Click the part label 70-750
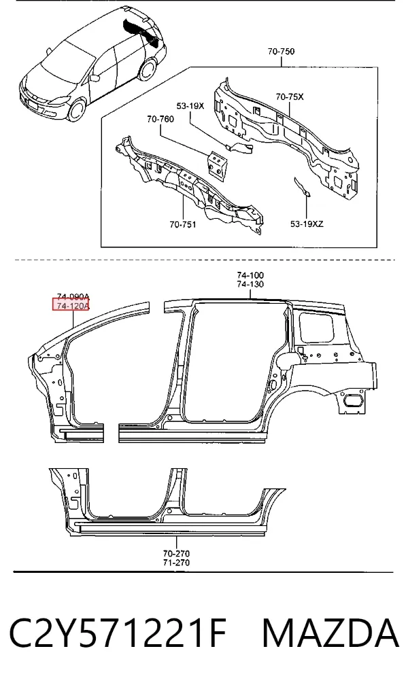click(281, 51)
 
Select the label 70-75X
click(289, 96)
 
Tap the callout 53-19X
click(190, 105)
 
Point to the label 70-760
click(160, 119)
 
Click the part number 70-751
click(183, 225)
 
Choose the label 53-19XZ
click(307, 224)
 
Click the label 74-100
click(250, 275)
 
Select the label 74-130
click(250, 284)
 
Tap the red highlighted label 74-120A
click(71, 305)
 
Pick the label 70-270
click(176, 553)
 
